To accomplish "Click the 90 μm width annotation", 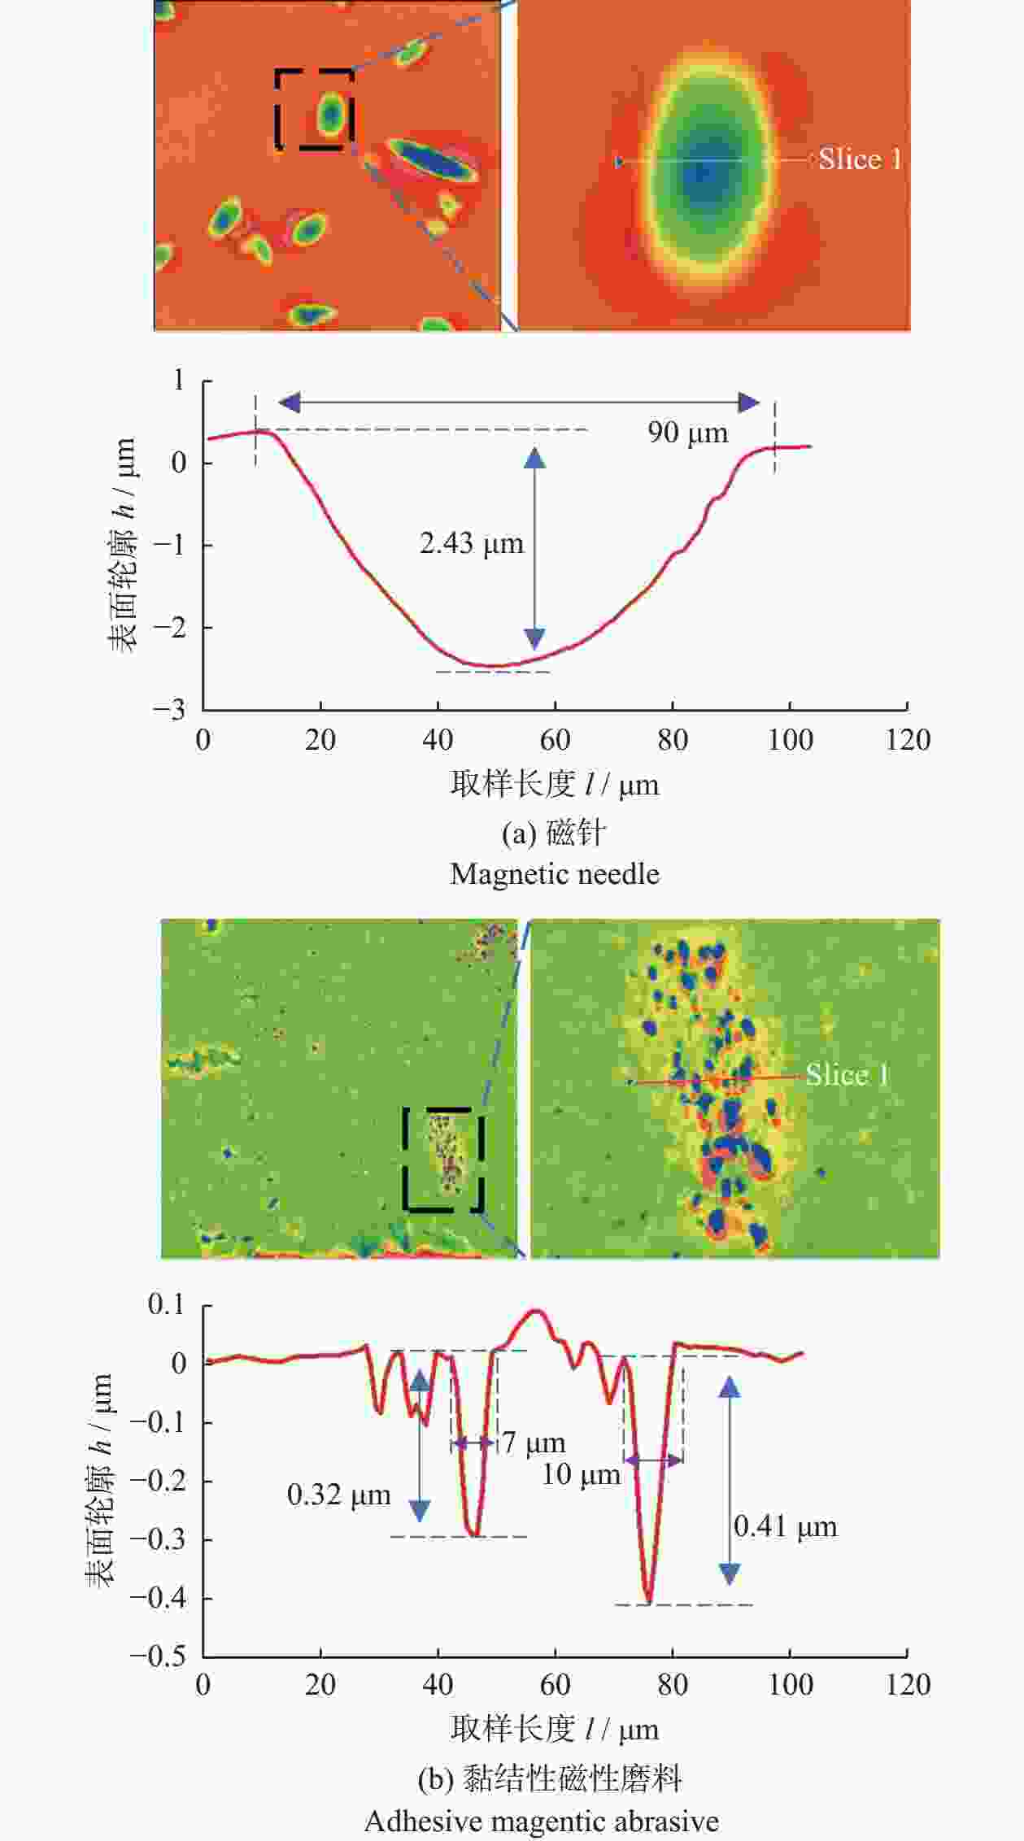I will click(x=687, y=432).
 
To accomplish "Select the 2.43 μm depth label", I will click(x=471, y=543).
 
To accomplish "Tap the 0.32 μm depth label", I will click(x=338, y=1495).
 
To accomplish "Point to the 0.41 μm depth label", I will click(x=785, y=1526).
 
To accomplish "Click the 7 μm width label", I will click(x=534, y=1443).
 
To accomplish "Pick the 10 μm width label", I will click(x=581, y=1474).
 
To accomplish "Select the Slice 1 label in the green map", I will click(x=847, y=1075).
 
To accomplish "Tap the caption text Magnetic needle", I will click(x=555, y=874).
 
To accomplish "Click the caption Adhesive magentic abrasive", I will click(x=541, y=1821).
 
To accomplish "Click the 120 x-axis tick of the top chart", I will click(x=908, y=740).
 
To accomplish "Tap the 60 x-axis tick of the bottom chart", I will click(x=555, y=1684).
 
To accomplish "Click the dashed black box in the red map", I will click(x=314, y=110).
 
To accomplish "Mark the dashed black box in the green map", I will click(x=443, y=1160).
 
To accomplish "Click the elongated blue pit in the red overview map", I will click(x=431, y=159).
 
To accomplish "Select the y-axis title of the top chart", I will click(x=123, y=545).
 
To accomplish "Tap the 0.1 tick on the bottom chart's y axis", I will click(x=166, y=1305).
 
